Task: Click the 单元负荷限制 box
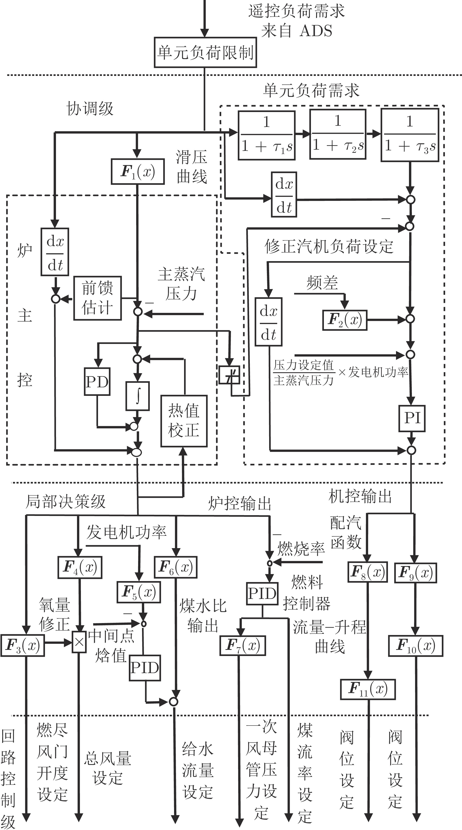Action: coord(205,52)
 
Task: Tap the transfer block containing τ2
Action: coord(338,134)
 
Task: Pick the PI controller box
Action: coord(412,418)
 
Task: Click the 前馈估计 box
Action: coord(98,298)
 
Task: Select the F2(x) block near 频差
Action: coord(345,320)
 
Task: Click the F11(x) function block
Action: coord(368,689)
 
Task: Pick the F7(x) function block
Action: coord(243,645)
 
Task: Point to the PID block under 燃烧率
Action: coord(262,594)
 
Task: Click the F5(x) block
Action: coord(138,592)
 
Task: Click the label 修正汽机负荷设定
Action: coord(329,247)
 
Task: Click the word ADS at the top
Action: coord(316,31)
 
